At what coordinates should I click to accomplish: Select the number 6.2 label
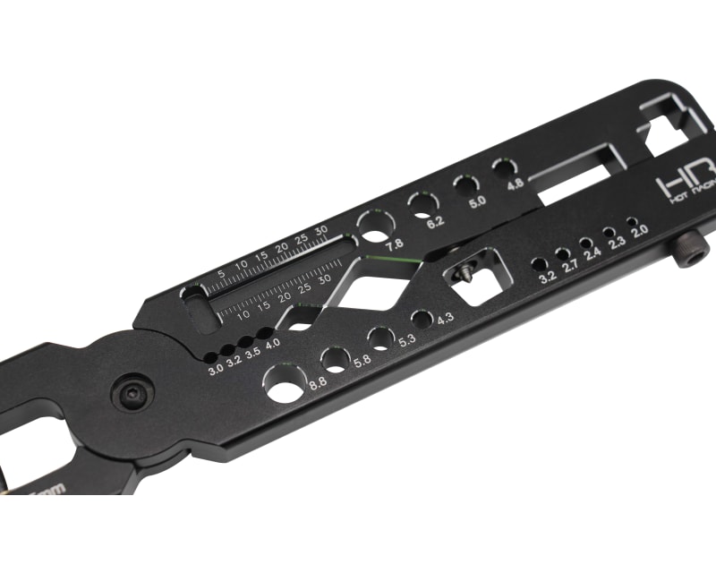coord(436,223)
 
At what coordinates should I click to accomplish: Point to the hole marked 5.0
coord(465,185)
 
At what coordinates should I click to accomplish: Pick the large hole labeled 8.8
coord(285,383)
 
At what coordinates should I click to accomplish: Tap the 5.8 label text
coord(362,361)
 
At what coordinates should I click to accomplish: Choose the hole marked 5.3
coord(381,338)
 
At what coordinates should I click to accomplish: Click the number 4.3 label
coord(445,317)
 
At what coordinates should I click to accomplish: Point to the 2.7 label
coord(571,266)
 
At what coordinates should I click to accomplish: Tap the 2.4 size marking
coord(592,254)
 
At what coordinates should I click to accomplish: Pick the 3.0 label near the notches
coord(216,370)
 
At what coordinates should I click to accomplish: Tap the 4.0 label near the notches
coord(272,343)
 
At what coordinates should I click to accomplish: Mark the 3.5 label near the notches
coord(253,352)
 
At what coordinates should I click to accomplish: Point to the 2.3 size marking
coord(615,243)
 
